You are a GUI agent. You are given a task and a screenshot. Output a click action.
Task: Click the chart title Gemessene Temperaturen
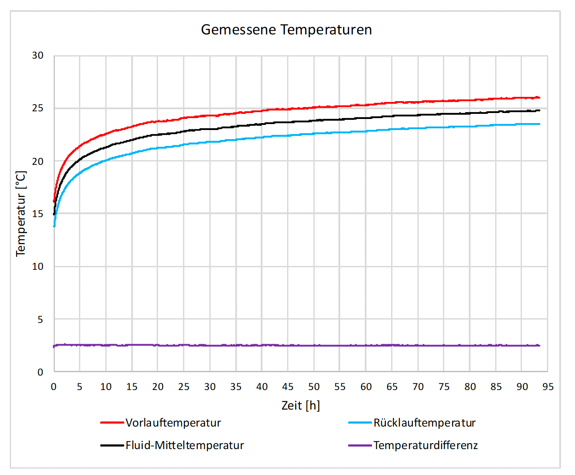click(286, 30)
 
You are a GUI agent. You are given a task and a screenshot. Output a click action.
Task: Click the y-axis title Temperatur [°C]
click(21, 213)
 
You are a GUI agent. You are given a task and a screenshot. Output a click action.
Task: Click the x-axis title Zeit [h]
click(301, 405)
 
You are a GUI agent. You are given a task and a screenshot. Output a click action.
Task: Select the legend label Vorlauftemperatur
click(173, 423)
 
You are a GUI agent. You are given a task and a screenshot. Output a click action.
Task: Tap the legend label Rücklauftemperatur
click(424, 423)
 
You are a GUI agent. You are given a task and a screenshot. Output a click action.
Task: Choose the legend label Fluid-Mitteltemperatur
click(185, 445)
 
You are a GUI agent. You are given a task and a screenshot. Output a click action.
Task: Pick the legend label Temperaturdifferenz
click(426, 445)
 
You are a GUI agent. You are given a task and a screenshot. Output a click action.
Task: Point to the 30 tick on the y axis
click(38, 56)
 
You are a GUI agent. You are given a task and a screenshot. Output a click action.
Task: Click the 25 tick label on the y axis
click(38, 108)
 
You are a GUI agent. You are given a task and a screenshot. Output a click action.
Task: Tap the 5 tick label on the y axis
click(40, 319)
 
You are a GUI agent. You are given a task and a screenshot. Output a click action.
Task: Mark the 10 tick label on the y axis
click(38, 266)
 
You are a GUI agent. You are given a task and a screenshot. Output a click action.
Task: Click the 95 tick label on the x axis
click(548, 387)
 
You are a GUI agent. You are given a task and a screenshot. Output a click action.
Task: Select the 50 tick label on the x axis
click(314, 387)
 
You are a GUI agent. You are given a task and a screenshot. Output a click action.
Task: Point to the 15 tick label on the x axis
click(132, 387)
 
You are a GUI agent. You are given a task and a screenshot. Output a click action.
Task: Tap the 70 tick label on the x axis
click(418, 387)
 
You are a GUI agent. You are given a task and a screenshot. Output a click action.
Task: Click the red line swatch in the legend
click(112, 423)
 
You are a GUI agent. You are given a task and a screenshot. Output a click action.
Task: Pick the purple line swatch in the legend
click(360, 445)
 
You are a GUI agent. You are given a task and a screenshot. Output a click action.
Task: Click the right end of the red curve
click(539, 98)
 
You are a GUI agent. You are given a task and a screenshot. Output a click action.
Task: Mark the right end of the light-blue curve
click(539, 124)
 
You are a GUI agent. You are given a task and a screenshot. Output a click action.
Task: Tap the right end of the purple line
click(539, 345)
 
